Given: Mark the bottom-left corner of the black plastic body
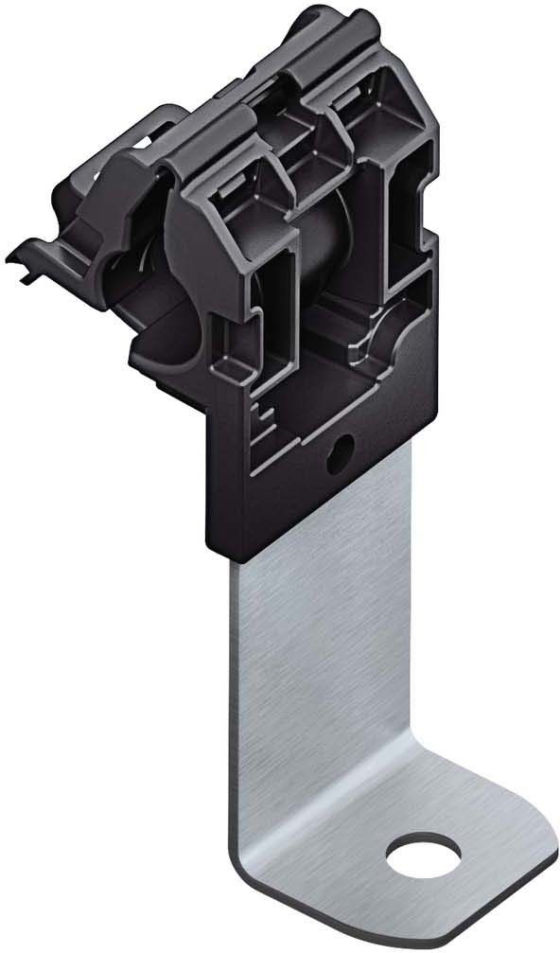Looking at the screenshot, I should coord(210,547).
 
